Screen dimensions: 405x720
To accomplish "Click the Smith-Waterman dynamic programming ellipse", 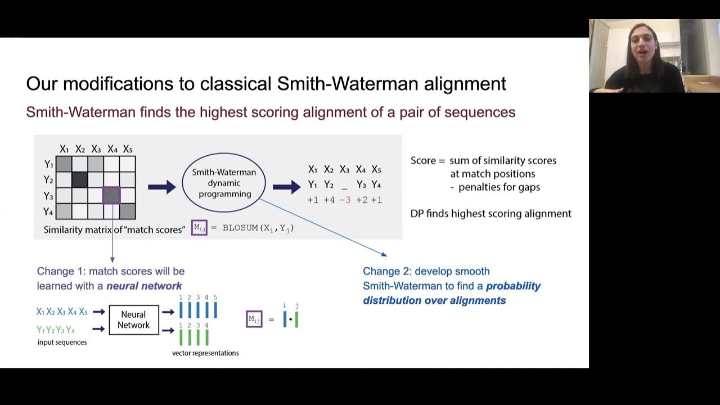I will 224,183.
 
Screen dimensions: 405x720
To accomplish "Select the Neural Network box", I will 134,320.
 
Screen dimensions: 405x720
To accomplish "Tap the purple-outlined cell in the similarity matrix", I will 111,195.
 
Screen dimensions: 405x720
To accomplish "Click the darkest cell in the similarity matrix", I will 80,179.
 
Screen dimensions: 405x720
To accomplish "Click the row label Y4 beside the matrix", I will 48,212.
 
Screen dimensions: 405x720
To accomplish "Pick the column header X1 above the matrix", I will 64,149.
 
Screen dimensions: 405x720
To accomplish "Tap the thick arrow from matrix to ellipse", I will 162,187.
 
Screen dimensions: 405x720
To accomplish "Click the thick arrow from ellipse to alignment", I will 287,187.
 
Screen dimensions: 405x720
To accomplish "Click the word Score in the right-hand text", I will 423,161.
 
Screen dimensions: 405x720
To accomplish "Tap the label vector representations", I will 205,353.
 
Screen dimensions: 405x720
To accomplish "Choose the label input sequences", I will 62,342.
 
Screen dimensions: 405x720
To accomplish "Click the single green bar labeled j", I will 296,319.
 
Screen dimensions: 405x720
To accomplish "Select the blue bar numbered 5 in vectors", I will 215,310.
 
